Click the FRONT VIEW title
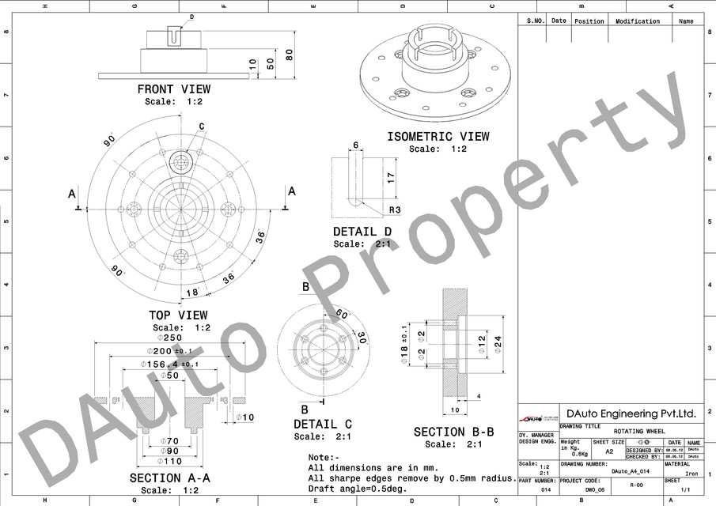[x=173, y=89]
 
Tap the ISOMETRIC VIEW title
[x=438, y=137]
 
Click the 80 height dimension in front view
[x=290, y=54]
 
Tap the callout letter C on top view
[x=202, y=126]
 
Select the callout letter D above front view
[x=191, y=17]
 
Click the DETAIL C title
[x=323, y=425]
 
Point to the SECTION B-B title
[x=453, y=432]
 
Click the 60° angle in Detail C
[x=341, y=314]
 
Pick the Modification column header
[x=637, y=21]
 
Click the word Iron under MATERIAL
[x=691, y=474]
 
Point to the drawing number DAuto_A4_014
[x=630, y=471]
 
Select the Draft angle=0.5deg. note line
[x=358, y=488]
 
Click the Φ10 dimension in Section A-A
[x=246, y=417]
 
